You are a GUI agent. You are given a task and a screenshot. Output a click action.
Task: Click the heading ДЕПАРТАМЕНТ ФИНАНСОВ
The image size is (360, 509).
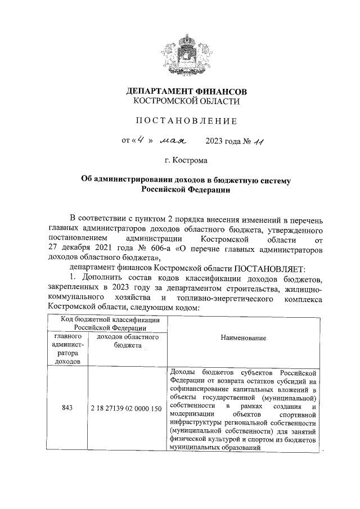click(x=186, y=91)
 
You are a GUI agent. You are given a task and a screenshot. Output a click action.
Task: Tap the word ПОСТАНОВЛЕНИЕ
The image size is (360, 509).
click(x=186, y=121)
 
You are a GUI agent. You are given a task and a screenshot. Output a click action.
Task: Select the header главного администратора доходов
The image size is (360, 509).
click(x=67, y=349)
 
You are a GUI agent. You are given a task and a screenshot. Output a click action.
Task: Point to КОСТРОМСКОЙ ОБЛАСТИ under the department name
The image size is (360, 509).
click(x=186, y=102)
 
